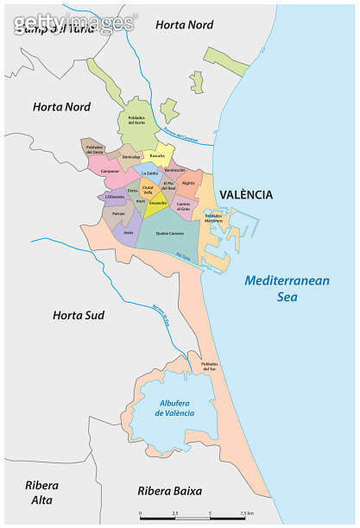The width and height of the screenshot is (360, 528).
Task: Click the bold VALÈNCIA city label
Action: coord(245,195)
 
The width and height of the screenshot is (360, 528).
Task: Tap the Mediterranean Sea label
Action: coord(281,288)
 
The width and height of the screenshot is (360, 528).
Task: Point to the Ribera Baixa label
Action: coord(170,491)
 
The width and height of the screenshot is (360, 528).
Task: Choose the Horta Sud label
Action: coord(78,315)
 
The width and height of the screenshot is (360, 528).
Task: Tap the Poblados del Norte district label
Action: coord(139,120)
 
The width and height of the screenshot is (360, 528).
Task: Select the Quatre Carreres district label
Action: coord(169,234)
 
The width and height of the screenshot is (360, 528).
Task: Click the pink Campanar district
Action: coord(111,171)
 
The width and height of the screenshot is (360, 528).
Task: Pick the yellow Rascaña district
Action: coord(157,156)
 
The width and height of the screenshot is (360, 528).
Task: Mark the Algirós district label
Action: coord(189,182)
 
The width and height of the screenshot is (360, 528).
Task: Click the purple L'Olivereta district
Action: coord(114,197)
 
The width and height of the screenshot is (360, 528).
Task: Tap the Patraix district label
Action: coord(119,212)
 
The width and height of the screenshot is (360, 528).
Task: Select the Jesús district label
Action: coord(129,233)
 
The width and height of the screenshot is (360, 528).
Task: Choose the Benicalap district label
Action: coord(130,157)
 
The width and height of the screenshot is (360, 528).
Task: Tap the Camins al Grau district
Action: coord(183,205)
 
